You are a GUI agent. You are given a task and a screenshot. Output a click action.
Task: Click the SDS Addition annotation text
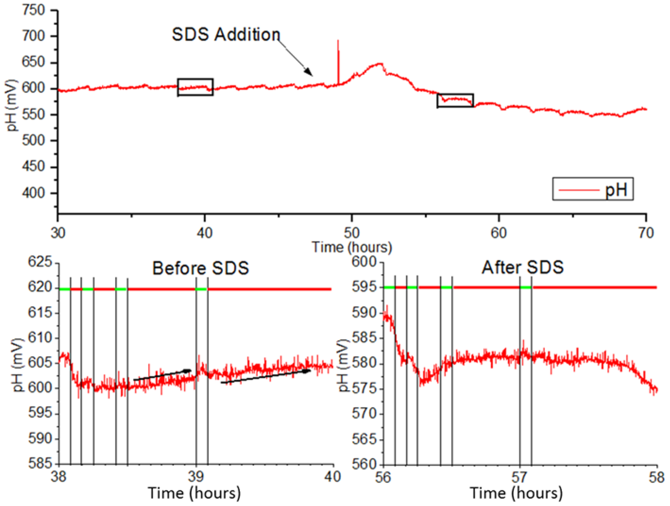[x=226, y=34]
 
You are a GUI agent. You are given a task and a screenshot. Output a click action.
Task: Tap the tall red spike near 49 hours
[x=338, y=60]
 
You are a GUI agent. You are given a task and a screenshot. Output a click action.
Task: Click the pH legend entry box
[x=593, y=189]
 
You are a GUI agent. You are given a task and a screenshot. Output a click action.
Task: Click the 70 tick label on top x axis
[x=646, y=233]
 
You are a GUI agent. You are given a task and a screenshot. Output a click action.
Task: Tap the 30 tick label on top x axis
[x=57, y=233]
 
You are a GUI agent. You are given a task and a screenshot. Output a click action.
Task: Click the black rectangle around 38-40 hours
[x=195, y=87]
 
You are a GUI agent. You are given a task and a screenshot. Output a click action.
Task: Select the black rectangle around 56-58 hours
[x=455, y=100]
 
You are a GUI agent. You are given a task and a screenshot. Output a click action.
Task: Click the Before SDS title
[x=200, y=268]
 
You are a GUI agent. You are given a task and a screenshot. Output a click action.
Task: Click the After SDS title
[x=522, y=267]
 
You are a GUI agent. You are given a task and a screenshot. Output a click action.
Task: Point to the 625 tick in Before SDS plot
[x=40, y=262]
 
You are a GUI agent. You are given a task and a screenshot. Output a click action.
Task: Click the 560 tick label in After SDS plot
[x=363, y=464]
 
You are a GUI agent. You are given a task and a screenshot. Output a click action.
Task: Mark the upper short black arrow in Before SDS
[x=162, y=375]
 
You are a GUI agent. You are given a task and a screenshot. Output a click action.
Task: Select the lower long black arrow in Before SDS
[x=266, y=376]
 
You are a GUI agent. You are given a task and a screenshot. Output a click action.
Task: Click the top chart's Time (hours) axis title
[x=352, y=247]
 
